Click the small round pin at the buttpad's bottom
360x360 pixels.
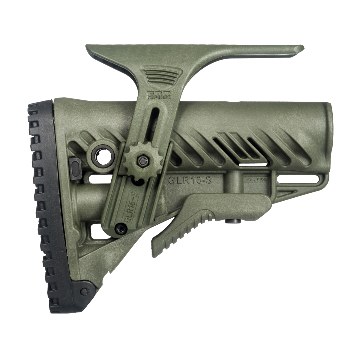(86, 290)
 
